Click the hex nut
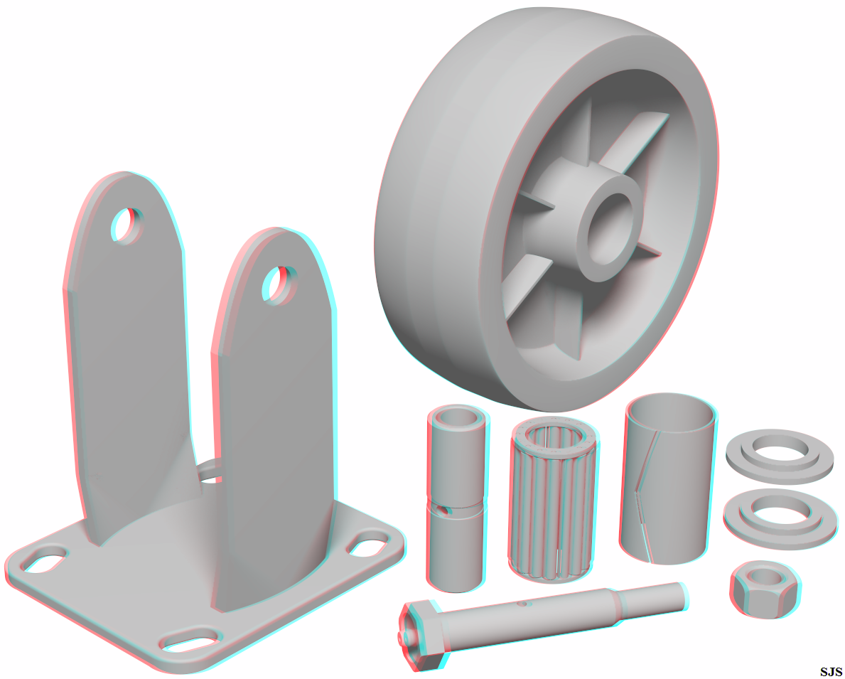(765, 589)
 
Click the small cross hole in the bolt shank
(521, 604)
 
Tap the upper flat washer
(780, 456)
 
